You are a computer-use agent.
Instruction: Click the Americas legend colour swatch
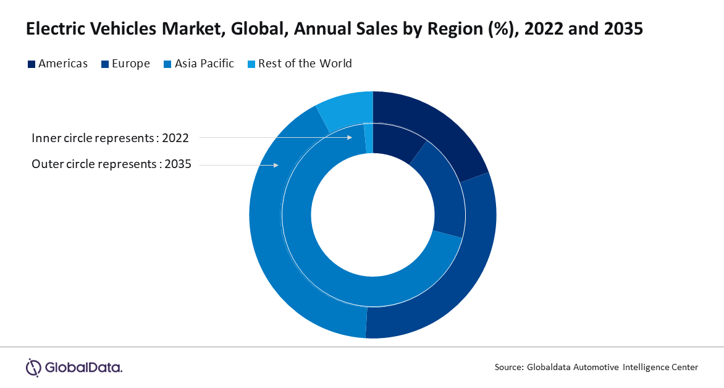32,64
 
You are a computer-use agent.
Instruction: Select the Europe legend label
130,64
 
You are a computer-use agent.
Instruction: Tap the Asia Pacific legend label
204,64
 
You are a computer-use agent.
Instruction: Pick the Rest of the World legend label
305,64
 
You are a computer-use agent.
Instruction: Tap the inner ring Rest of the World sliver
369,138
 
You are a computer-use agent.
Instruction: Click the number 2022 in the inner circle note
175,138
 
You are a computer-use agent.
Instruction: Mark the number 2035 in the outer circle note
178,165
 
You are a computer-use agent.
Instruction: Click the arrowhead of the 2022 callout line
349,137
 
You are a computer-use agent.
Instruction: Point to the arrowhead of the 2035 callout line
277,165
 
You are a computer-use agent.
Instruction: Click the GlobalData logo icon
33,367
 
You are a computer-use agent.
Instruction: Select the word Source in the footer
509,368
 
